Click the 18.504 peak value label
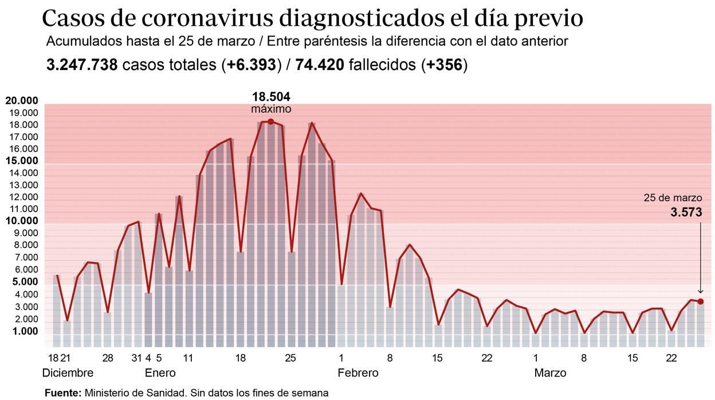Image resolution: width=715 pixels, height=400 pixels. click(270, 96)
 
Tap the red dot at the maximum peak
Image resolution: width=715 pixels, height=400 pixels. click(270, 121)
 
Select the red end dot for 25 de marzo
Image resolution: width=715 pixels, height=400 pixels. click(700, 301)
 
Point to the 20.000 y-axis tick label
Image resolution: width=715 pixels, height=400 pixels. click(22, 101)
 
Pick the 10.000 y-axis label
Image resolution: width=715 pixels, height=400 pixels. click(22, 221)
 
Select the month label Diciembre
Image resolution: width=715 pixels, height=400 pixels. click(68, 373)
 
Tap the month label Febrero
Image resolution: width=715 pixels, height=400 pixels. click(358, 373)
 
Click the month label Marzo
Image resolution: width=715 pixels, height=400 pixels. click(550, 373)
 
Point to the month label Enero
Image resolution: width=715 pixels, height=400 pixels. click(160, 373)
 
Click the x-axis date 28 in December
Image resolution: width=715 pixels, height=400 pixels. click(107, 358)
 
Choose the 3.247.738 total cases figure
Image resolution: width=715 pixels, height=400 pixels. click(82, 65)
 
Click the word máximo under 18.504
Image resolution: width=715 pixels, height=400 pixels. click(271, 109)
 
